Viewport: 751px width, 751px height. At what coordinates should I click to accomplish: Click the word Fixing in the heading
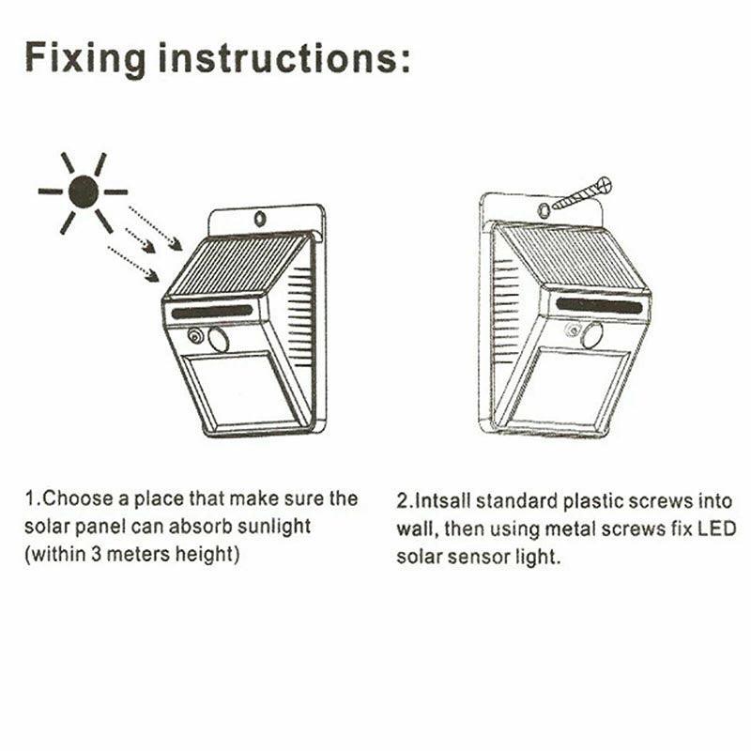coord(85,58)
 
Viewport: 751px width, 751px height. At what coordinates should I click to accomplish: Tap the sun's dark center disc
coord(84,192)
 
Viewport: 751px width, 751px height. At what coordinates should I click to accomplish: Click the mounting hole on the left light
coord(260,219)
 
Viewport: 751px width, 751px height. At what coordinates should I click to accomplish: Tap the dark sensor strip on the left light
coord(212,312)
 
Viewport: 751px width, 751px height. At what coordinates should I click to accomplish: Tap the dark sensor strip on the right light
coord(599,306)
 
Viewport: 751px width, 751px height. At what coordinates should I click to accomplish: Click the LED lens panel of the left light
coord(239,389)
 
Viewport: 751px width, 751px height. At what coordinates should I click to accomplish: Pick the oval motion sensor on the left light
coord(219,340)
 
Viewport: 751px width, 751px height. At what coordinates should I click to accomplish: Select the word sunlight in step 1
coord(274,527)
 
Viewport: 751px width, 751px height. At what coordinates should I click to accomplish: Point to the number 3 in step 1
coord(97,555)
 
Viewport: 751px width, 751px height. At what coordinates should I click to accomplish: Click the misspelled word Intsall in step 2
coord(442,501)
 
